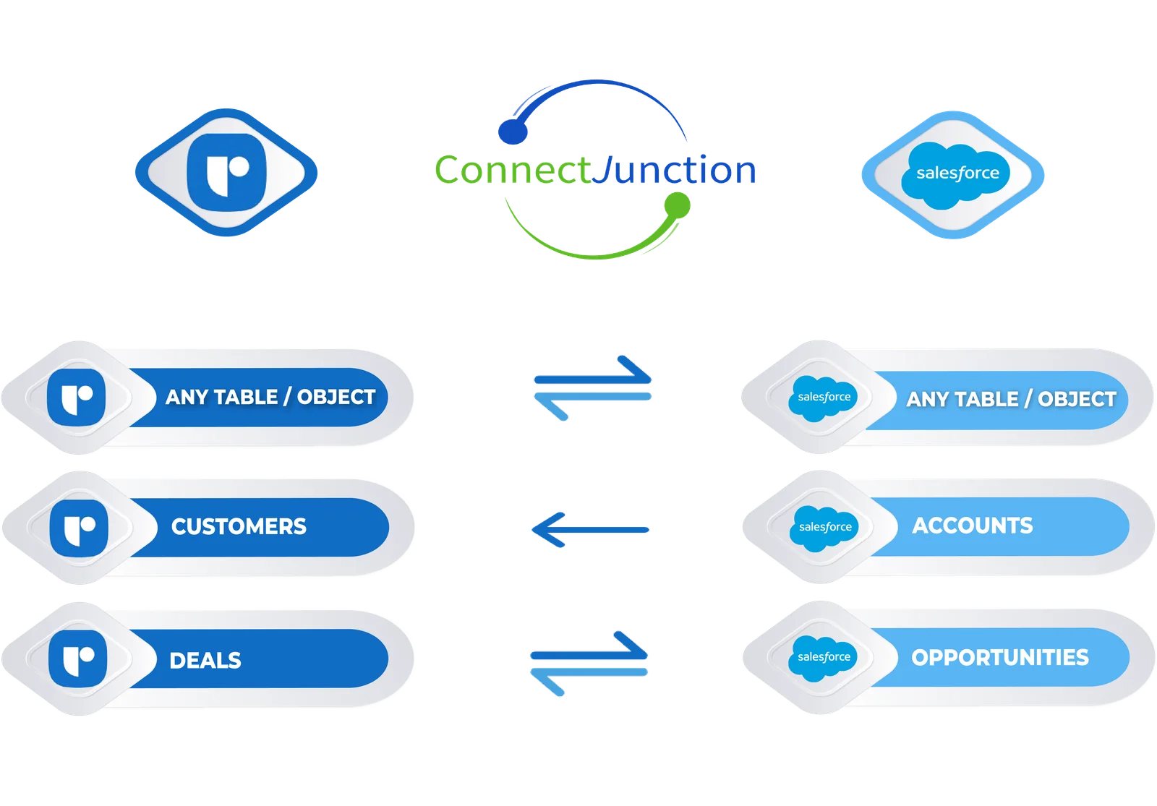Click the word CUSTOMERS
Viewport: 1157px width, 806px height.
(239, 527)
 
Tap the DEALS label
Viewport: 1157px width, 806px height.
(205, 661)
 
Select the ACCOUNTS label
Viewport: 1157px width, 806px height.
(973, 526)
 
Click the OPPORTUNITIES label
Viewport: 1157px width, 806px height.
(1000, 657)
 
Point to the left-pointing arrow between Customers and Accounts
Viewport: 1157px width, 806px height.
(590, 530)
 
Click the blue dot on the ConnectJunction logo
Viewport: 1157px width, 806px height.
(513, 132)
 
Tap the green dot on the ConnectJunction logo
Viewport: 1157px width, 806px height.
(677, 205)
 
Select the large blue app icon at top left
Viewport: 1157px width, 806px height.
(226, 173)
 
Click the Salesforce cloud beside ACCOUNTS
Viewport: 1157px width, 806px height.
(824, 527)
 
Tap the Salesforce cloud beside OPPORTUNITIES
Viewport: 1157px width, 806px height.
(824, 657)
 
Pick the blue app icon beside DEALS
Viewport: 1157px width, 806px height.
(78, 659)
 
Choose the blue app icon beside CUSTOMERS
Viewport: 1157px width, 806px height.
(79, 528)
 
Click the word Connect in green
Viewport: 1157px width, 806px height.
(513, 169)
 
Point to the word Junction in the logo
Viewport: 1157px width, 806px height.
(674, 169)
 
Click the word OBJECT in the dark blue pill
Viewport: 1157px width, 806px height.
(336, 397)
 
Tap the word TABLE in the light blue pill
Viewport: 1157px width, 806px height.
(986, 399)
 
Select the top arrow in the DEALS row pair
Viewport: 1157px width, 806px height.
(589, 646)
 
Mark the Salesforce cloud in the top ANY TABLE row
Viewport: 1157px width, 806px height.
(824, 398)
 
